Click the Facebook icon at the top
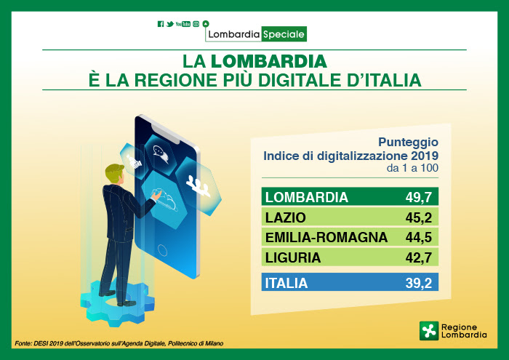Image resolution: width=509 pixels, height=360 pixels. coord(161,24)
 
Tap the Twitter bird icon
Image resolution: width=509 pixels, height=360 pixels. coord(170,24)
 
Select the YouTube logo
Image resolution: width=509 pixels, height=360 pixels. coord(183,24)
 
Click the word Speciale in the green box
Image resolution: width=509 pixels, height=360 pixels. coord(284,33)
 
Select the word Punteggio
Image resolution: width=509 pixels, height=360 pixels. coord(408,142)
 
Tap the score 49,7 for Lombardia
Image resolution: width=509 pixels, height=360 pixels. coord(418,197)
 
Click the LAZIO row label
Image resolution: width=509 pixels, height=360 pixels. coord(286,217)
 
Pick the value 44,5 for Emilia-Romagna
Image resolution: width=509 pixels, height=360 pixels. coord(418,237)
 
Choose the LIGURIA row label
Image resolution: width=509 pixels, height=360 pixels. coord(293,257)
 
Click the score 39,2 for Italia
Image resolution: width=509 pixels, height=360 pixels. coord(418,283)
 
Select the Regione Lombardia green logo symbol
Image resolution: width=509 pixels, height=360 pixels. coord(429,331)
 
